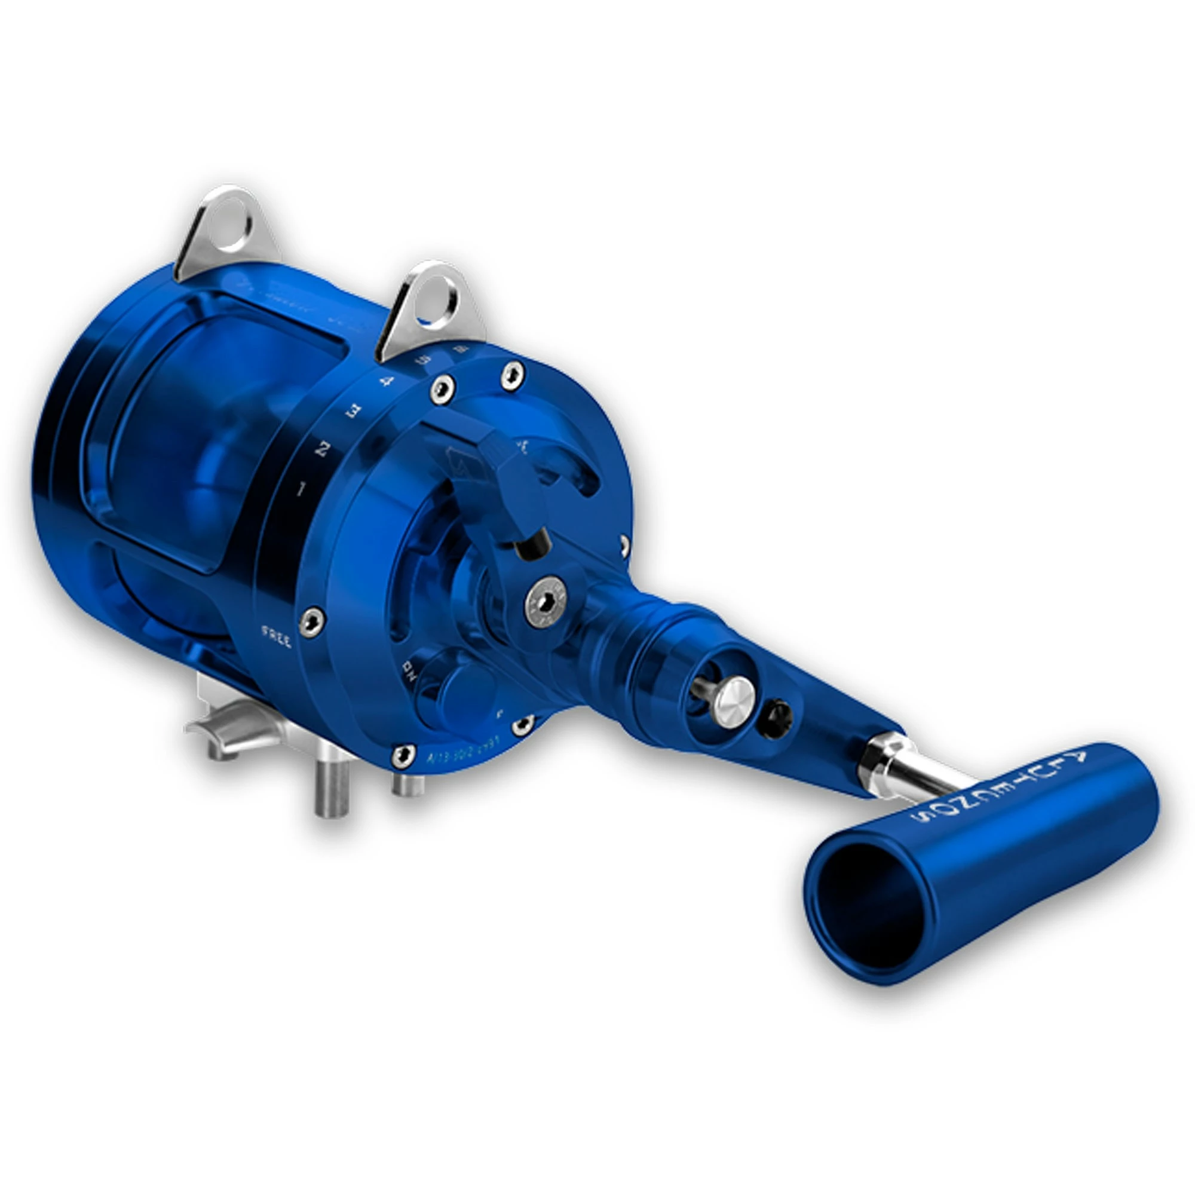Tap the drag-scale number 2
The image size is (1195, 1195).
[x=322, y=449]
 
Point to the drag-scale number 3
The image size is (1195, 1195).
[x=353, y=410]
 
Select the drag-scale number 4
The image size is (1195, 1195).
[x=387, y=381]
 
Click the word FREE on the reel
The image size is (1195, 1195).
[x=277, y=636]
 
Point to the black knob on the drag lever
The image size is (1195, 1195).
[x=534, y=544]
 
